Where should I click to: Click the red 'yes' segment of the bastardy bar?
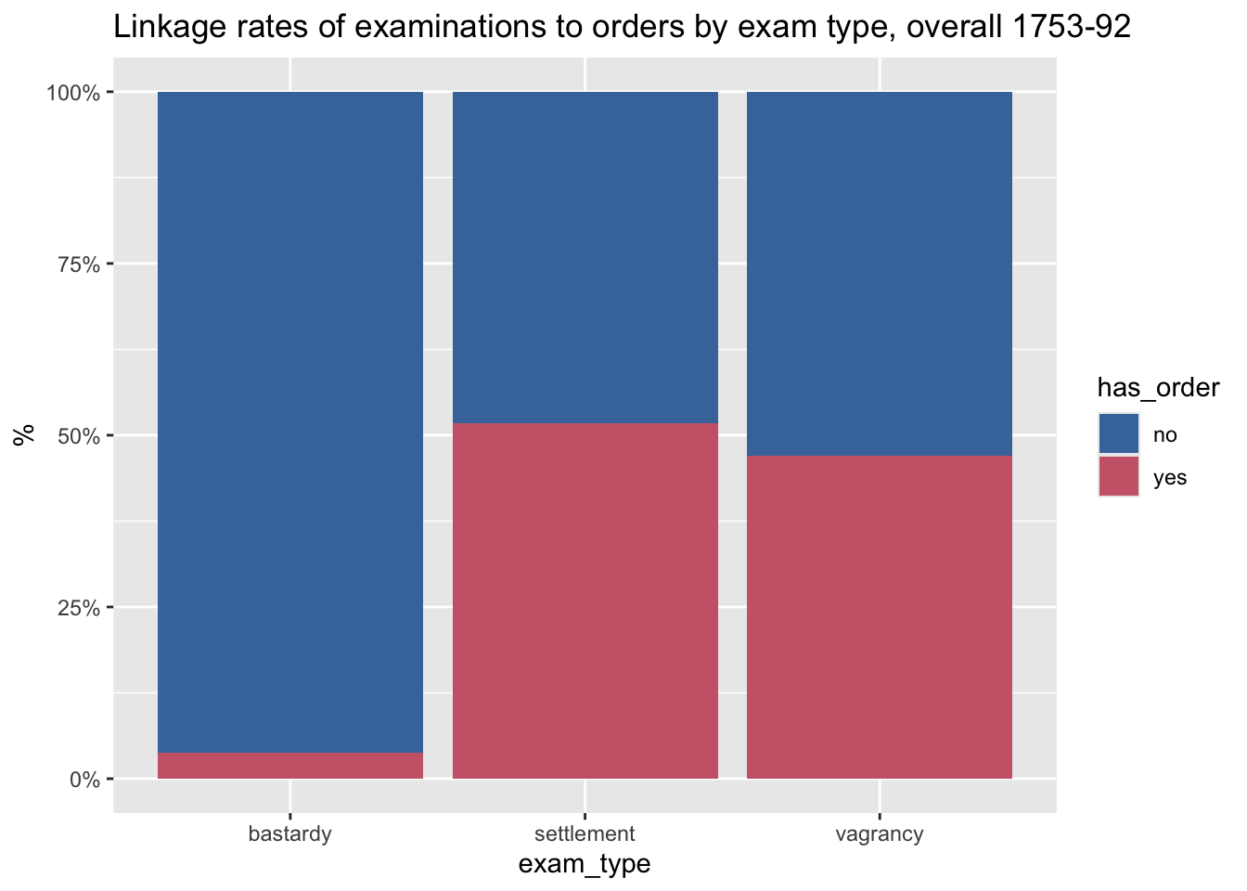(x=290, y=765)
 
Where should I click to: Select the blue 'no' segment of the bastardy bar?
(x=290, y=422)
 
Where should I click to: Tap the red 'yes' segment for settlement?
(x=585, y=600)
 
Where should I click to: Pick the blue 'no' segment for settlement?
(x=585, y=257)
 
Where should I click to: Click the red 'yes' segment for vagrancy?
(x=880, y=617)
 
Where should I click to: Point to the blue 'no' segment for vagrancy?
(x=880, y=274)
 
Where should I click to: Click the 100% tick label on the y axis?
(x=73, y=93)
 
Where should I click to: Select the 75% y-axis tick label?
(x=79, y=265)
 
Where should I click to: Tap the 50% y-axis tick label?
(x=79, y=436)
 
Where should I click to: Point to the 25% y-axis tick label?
(x=79, y=608)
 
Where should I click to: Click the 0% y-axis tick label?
(x=85, y=780)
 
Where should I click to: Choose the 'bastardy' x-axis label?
(x=290, y=834)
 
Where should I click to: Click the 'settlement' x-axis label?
(x=585, y=833)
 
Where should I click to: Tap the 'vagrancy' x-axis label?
(x=880, y=834)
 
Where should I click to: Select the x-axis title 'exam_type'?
(x=585, y=864)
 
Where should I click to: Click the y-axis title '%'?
(x=24, y=435)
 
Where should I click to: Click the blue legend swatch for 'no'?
(x=1119, y=433)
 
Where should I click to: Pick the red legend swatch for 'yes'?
(x=1119, y=476)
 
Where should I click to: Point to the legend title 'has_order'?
(x=1159, y=388)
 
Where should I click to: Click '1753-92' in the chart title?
(x=1072, y=26)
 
